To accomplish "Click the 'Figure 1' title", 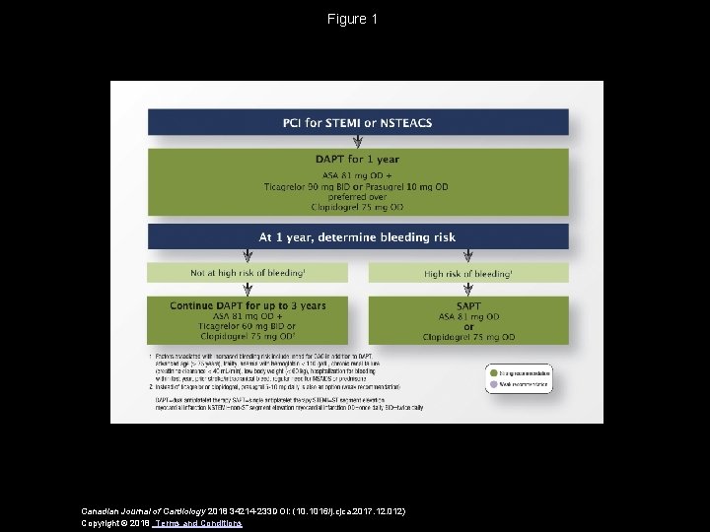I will [354, 19].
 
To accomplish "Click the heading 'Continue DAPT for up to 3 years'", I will [247, 306].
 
